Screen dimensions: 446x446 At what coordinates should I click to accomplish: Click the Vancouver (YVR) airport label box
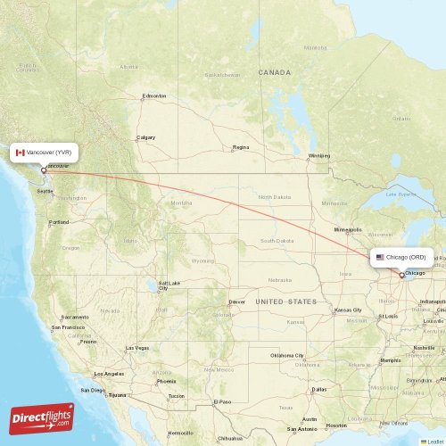(x=44, y=153)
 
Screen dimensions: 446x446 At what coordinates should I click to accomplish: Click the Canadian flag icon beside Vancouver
(x=21, y=153)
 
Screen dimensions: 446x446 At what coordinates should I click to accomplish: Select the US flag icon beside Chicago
(x=380, y=257)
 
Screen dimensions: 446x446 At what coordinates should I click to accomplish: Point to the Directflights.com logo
(x=42, y=417)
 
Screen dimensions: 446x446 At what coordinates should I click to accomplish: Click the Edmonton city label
(x=153, y=96)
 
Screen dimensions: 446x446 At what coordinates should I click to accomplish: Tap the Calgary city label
(x=145, y=137)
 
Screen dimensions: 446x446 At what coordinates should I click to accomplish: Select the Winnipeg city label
(x=318, y=155)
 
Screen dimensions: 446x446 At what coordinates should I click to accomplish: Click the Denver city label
(x=236, y=301)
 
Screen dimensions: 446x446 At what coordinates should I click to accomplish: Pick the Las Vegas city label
(x=136, y=347)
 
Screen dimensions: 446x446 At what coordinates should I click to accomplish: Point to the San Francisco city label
(x=68, y=327)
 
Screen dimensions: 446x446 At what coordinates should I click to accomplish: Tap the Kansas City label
(x=347, y=310)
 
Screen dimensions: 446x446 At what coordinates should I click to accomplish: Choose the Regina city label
(x=241, y=147)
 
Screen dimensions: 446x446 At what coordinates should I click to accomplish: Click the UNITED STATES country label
(x=285, y=301)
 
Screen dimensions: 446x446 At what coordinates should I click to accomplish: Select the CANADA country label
(x=275, y=71)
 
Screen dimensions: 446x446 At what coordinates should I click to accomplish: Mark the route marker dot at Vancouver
(x=43, y=170)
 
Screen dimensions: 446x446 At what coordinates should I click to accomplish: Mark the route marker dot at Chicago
(x=401, y=276)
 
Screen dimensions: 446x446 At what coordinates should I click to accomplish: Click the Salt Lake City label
(x=163, y=285)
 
